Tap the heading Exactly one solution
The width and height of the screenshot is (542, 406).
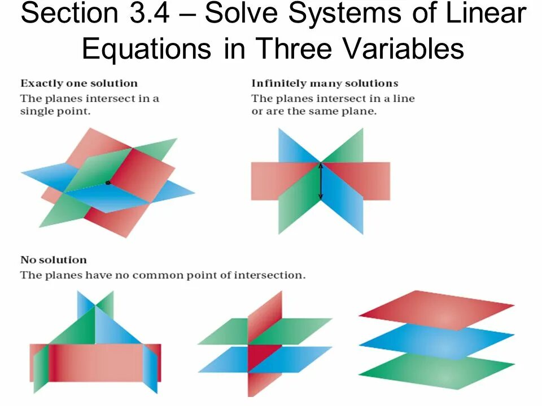(x=79, y=83)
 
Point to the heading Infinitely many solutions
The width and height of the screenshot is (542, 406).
(x=325, y=83)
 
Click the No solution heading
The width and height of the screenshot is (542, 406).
(x=54, y=260)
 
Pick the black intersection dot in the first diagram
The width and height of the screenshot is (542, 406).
(x=107, y=182)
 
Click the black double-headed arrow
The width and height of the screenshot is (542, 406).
(x=320, y=181)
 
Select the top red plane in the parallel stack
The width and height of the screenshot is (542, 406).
(x=436, y=310)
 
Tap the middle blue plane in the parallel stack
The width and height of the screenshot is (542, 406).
(x=436, y=341)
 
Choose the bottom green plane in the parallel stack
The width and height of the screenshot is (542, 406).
(x=436, y=372)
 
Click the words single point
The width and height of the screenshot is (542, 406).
(x=55, y=111)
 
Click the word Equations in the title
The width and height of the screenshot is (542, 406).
(x=145, y=50)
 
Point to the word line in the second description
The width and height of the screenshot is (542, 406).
(x=405, y=98)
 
